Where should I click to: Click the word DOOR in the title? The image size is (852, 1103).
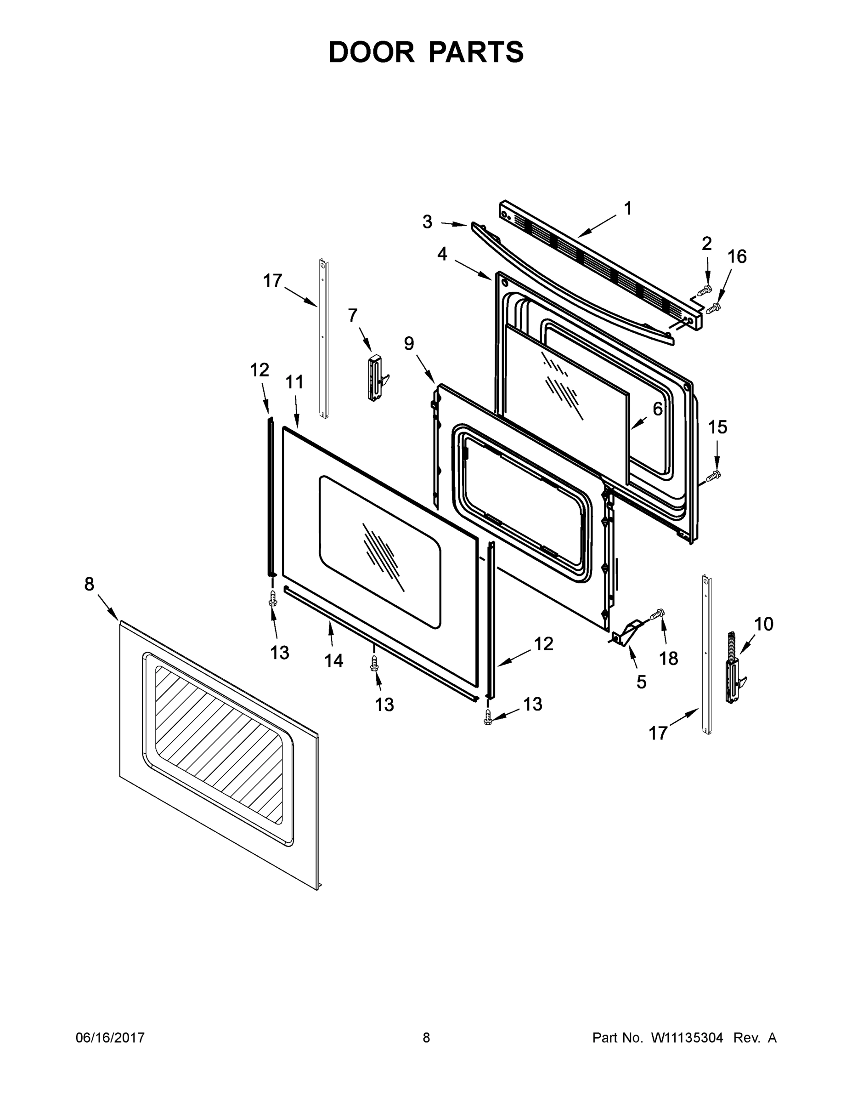372,52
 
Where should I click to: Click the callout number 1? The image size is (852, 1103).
627,209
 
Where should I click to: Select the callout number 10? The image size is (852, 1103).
764,624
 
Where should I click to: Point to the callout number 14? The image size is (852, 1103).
333,660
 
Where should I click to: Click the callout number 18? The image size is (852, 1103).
669,659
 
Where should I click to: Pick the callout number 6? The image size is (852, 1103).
657,409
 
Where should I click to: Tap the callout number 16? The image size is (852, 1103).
737,256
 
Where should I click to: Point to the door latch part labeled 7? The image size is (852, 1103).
376,378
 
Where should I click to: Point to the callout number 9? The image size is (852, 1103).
409,344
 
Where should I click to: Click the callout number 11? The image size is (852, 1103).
294,382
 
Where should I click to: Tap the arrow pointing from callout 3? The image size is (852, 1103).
453,224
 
